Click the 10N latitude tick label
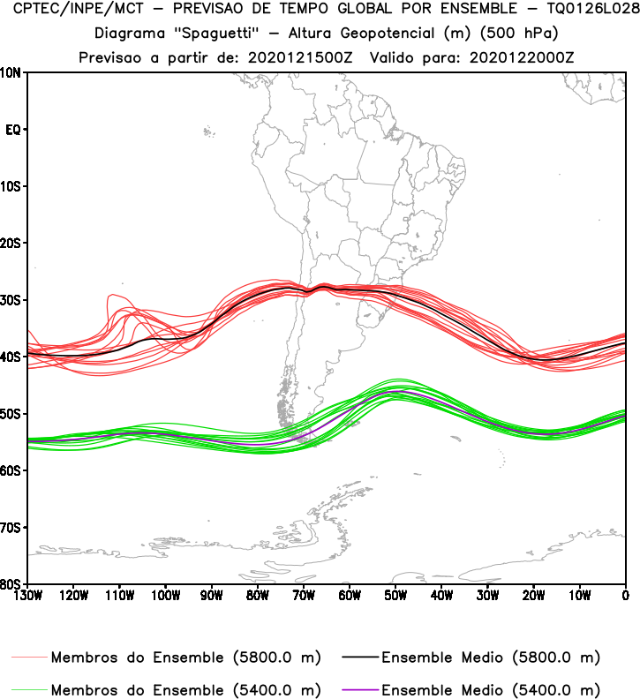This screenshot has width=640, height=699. click(x=11, y=72)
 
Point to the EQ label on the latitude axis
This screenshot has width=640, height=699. click(x=12, y=130)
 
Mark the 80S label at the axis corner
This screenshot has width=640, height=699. click(x=11, y=584)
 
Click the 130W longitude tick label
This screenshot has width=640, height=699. click(x=26, y=595)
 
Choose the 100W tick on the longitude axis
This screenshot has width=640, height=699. click(x=165, y=595)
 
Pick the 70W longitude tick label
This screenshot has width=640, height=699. click(x=304, y=595)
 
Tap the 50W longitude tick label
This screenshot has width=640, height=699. click(x=395, y=595)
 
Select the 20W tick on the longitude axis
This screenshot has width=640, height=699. click(x=533, y=595)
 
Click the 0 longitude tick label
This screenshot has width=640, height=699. click(x=625, y=595)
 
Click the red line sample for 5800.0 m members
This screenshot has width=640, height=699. click(x=29, y=658)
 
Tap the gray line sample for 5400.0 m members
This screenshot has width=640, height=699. click(x=29, y=689)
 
